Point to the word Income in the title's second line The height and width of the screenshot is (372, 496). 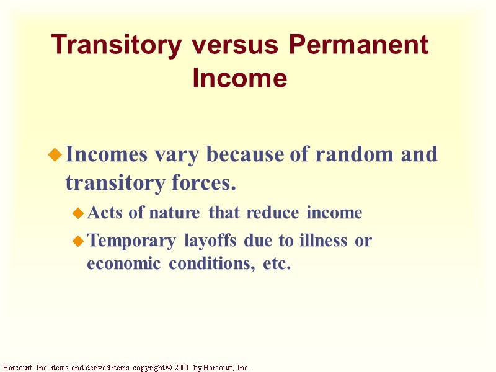tap(240, 79)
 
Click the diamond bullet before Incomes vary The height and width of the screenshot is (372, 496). tap(55, 155)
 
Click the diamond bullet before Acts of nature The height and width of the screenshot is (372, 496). tap(78, 214)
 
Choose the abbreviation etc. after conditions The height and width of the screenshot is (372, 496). tap(277, 264)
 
